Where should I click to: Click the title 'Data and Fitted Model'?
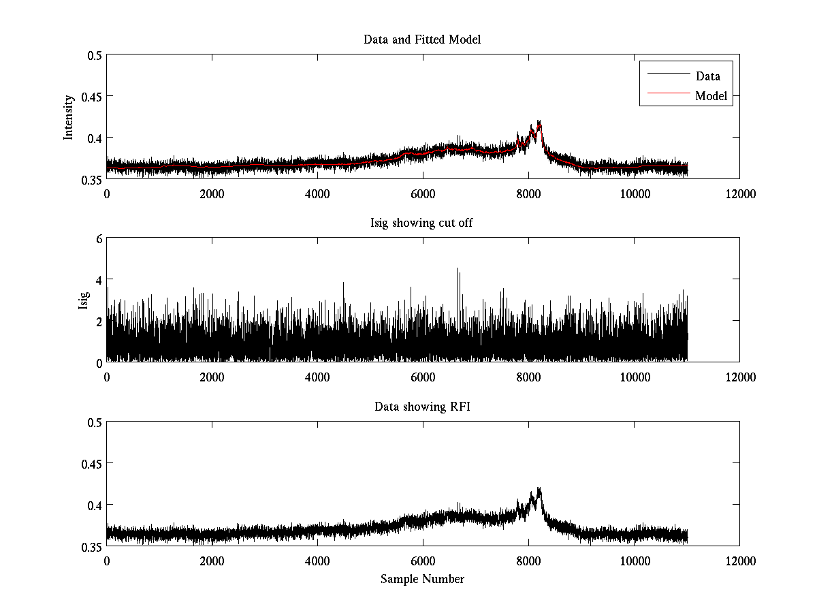coord(422,40)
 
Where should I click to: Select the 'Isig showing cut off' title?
coord(422,223)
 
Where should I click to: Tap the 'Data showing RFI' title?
coord(422,407)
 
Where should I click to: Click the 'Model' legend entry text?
coord(711,96)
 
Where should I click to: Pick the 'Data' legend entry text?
coord(707,76)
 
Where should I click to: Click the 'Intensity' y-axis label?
coord(69,117)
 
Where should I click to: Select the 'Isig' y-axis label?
coord(83,300)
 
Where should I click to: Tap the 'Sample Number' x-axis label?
coord(422,579)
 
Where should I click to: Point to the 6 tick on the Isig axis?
coord(98,238)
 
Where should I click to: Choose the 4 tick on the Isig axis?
coord(98,280)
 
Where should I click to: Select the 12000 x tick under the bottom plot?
coord(739,560)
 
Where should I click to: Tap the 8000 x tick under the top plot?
coord(528,193)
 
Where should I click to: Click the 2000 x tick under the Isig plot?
coord(212,377)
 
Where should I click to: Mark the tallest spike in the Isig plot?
coord(457,268)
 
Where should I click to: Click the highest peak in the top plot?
coord(539,121)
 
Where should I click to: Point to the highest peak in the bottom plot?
coord(539,488)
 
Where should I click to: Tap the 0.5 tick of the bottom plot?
coord(93,422)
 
